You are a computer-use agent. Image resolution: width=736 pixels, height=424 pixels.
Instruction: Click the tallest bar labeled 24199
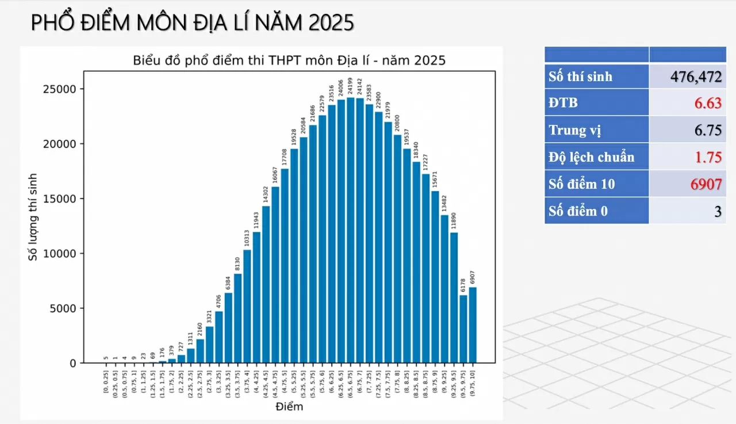tap(351, 230)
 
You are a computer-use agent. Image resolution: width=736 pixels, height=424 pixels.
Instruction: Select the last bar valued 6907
tap(473, 325)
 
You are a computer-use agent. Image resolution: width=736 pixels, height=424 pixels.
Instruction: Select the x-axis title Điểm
tap(289, 407)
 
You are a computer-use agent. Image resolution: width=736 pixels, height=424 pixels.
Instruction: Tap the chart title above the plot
tap(289, 60)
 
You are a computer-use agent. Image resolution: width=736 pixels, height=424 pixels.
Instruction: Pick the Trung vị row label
tap(575, 130)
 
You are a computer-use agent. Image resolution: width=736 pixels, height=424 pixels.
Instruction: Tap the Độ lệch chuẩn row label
tap(592, 156)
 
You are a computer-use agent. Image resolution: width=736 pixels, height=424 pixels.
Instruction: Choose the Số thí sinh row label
tap(581, 77)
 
